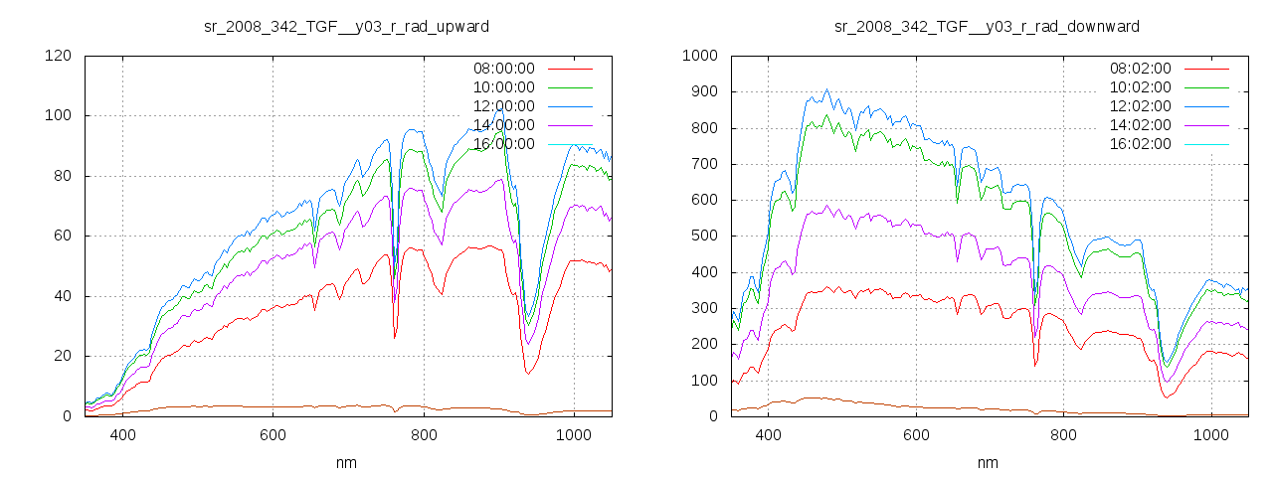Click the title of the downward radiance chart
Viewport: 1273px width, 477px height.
pyautogui.click(x=987, y=26)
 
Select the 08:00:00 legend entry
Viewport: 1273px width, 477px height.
pyautogui.click(x=504, y=69)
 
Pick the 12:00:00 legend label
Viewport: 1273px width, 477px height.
pyautogui.click(x=504, y=106)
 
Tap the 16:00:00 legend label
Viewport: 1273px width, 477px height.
pyautogui.click(x=504, y=144)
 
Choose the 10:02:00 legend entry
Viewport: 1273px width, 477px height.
pyautogui.click(x=1141, y=87)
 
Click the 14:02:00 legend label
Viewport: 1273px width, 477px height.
pyautogui.click(x=1141, y=125)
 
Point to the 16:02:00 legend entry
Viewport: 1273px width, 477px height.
pyautogui.click(x=1141, y=144)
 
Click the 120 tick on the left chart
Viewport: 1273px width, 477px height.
pyautogui.click(x=58, y=56)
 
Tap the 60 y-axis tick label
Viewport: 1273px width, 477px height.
pyautogui.click(x=62, y=237)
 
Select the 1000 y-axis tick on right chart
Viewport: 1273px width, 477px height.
pyautogui.click(x=701, y=56)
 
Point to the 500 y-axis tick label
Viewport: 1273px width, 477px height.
pyautogui.click(x=705, y=237)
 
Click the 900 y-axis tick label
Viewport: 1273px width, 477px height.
pyautogui.click(x=705, y=92)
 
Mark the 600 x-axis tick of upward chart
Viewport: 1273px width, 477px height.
pyautogui.click(x=273, y=434)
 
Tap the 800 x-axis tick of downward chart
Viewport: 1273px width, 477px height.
pyautogui.click(x=1063, y=434)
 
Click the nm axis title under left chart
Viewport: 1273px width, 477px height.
pyautogui.click(x=347, y=462)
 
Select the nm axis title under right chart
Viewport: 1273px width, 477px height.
pyautogui.click(x=988, y=462)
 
